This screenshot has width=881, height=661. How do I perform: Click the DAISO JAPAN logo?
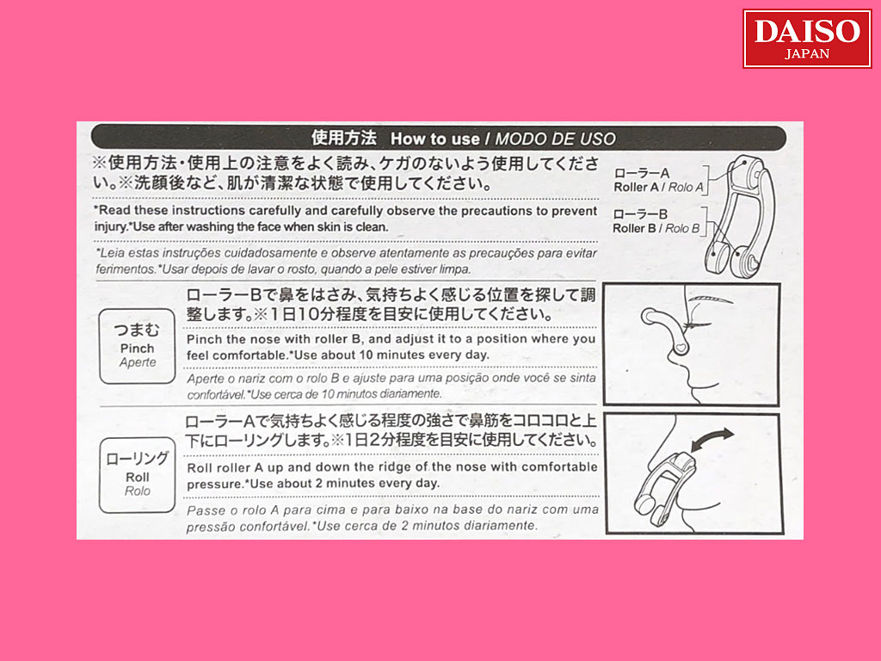807,39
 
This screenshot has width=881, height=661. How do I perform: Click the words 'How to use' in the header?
434,139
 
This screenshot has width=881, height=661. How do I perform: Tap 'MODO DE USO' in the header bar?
555,139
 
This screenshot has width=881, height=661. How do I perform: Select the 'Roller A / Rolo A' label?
658,187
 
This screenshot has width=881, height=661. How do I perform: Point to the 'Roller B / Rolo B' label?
656,228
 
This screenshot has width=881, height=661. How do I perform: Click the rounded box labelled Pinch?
137,346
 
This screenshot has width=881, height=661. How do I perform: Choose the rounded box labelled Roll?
137,475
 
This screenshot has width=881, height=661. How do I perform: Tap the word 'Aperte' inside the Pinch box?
138,362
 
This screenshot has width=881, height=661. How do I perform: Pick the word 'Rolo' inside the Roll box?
138,491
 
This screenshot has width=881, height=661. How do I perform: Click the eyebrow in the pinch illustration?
712,299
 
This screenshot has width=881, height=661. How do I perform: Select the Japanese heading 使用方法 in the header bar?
344,138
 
